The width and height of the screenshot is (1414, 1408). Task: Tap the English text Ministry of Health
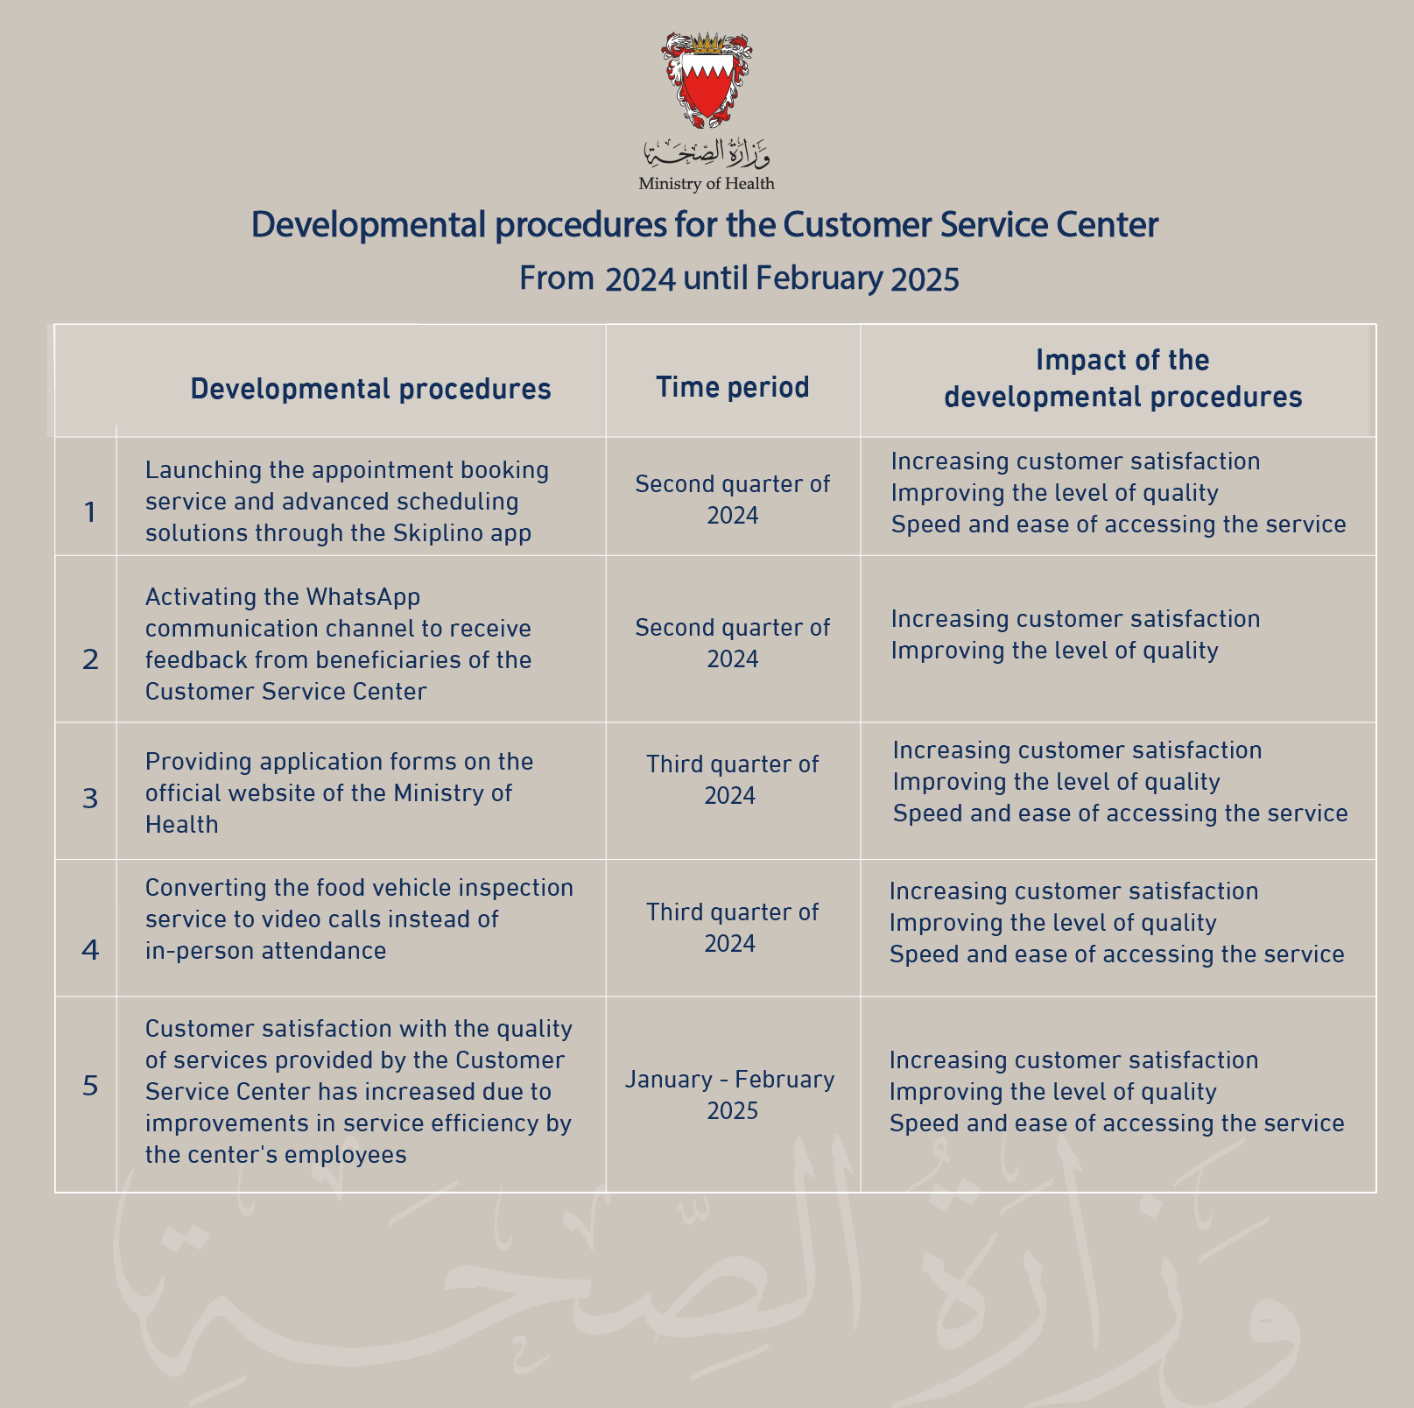point(707,184)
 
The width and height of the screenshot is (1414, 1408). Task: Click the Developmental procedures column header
point(370,389)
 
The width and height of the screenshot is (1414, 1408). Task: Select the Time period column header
point(733,387)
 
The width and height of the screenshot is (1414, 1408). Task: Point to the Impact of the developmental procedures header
point(1122,379)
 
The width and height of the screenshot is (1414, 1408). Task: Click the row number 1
point(89,512)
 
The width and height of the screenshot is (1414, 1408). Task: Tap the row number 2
point(90,659)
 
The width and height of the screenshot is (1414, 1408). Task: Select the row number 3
point(90,799)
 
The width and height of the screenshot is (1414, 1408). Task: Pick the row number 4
point(90,950)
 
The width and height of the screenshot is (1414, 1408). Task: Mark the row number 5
point(90,1087)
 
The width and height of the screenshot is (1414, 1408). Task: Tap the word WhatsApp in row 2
point(362,597)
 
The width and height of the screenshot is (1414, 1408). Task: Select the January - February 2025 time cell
point(730,1095)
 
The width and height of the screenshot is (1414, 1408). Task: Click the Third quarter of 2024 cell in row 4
point(732,927)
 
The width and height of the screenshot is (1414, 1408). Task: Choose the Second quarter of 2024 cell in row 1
point(732,499)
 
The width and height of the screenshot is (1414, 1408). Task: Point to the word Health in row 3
point(181,825)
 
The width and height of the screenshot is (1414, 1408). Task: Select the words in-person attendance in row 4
point(265,951)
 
